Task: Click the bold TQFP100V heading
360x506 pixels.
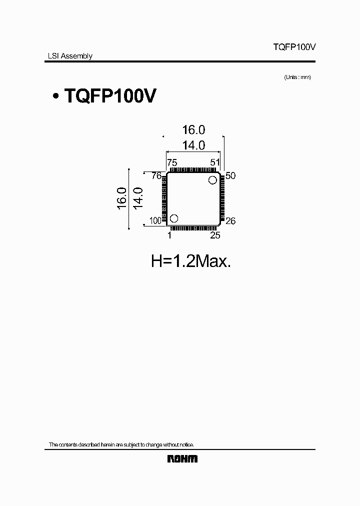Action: (109, 96)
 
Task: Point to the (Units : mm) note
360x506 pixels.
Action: (297, 77)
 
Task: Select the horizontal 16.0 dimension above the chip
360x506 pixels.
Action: (193, 130)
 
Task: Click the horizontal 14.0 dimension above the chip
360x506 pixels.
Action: (193, 145)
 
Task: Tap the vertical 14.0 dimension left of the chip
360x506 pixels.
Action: (138, 198)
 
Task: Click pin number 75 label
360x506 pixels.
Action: (172, 162)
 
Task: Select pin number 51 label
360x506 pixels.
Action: (215, 162)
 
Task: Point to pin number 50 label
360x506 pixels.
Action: (230, 175)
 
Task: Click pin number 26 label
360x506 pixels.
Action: (230, 221)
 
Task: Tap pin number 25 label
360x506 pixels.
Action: (215, 234)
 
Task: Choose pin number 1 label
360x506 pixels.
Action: (169, 234)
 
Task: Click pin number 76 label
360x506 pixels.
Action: (156, 175)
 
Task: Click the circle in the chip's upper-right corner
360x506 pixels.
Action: (213, 180)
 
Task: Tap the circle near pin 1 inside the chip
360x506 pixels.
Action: (174, 218)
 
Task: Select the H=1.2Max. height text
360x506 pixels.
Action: (191, 261)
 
